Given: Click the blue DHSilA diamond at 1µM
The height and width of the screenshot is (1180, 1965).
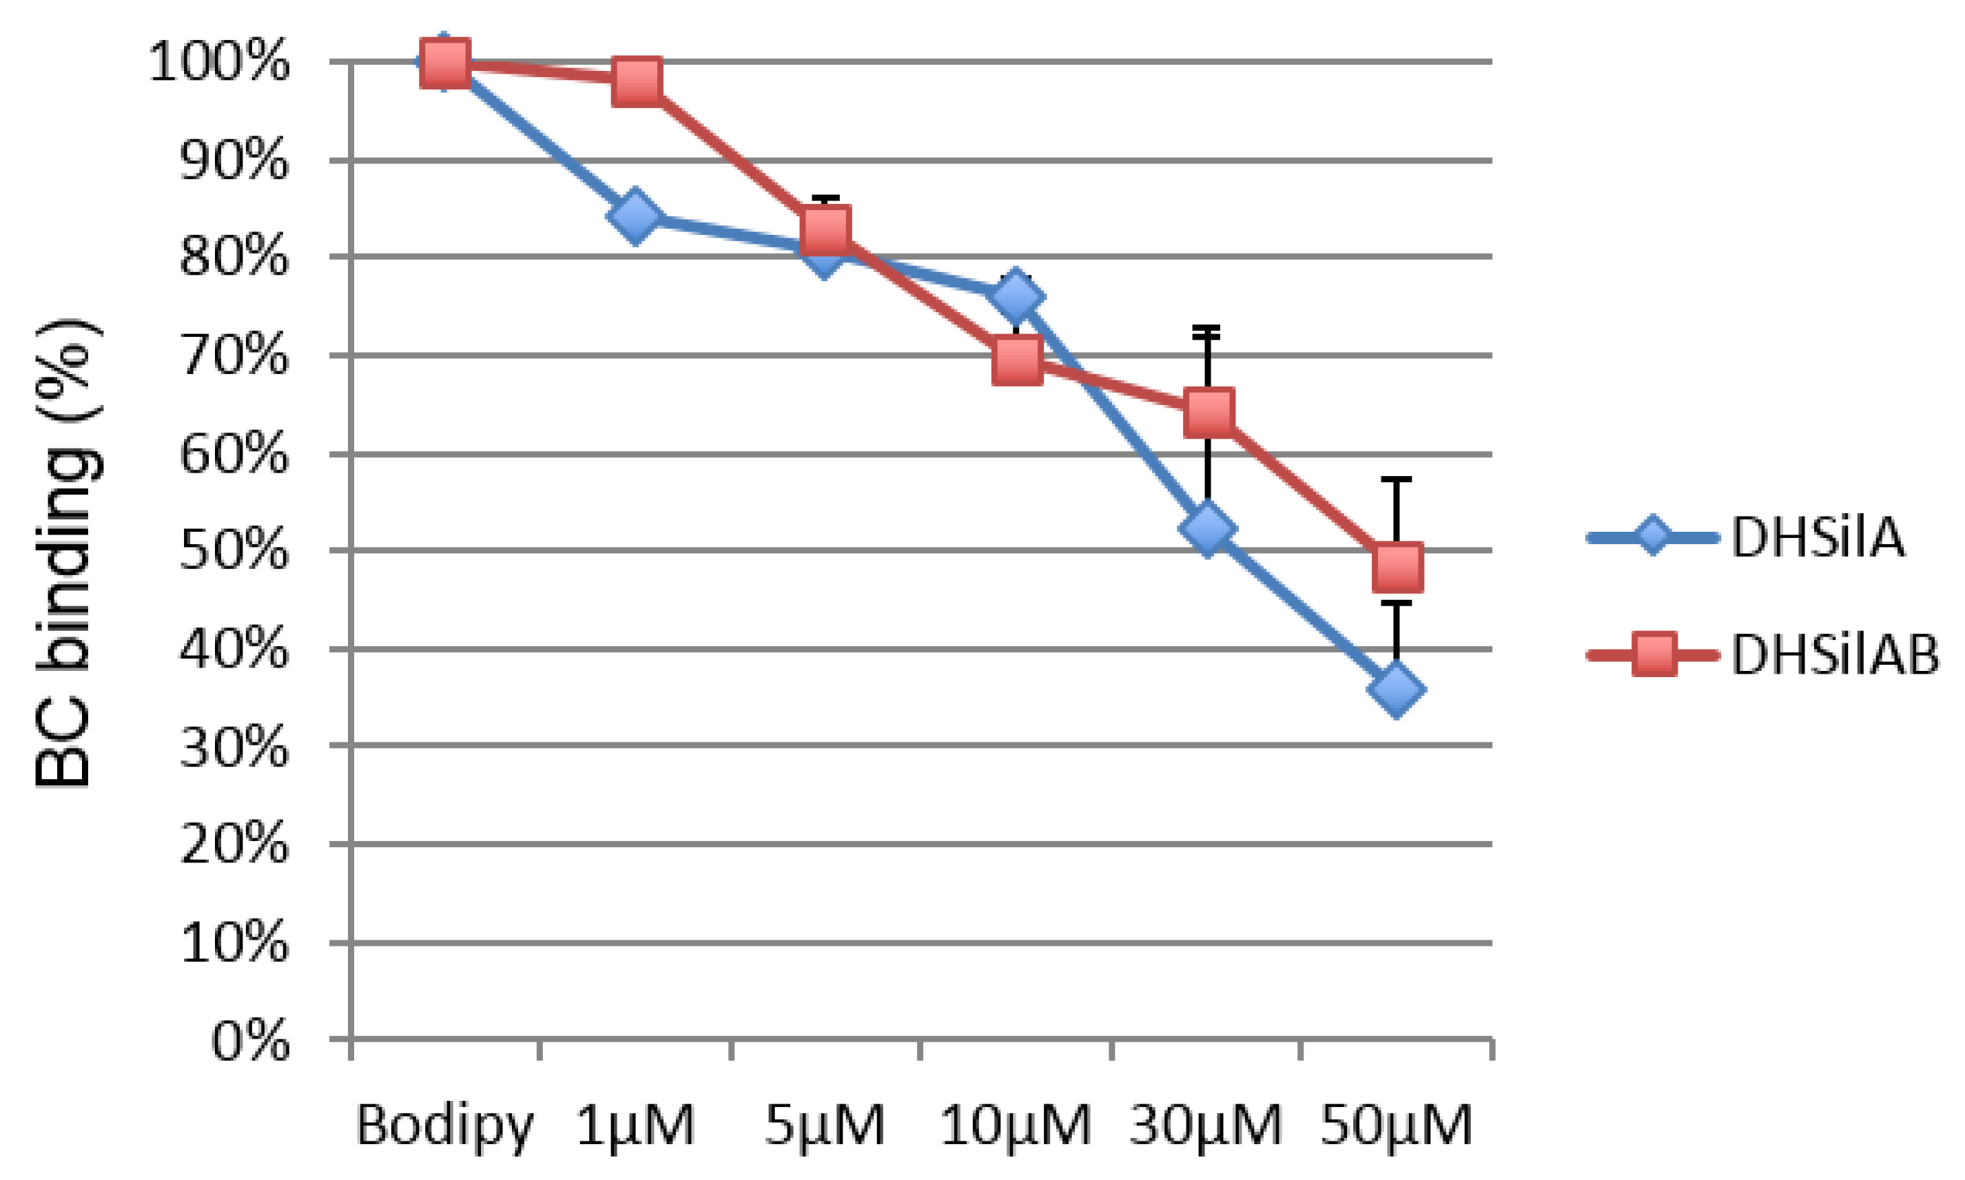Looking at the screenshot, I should (x=635, y=216).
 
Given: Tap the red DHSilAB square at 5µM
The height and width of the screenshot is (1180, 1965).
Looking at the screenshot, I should (x=826, y=230).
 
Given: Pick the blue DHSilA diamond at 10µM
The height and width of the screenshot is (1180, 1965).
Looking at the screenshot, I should (x=1016, y=298).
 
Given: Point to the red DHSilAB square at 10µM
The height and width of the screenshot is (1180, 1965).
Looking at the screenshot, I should (x=1017, y=360).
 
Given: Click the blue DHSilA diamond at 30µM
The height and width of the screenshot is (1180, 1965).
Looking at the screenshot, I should (x=1207, y=527).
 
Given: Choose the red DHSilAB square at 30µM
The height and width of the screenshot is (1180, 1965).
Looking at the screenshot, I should (x=1208, y=413).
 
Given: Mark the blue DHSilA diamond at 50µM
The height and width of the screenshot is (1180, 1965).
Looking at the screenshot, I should (x=1397, y=689).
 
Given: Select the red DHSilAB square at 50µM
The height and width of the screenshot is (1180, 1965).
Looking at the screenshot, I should (x=1397, y=568).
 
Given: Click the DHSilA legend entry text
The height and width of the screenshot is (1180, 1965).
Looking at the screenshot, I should (x=1817, y=538).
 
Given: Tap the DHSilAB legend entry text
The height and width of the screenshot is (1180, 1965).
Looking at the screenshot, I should (x=1835, y=656).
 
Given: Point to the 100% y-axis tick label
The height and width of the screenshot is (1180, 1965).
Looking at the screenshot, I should (x=218, y=62).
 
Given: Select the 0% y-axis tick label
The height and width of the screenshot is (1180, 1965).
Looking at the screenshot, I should (x=249, y=1041).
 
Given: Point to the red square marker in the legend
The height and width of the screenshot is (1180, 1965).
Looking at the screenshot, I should (x=1654, y=654).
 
